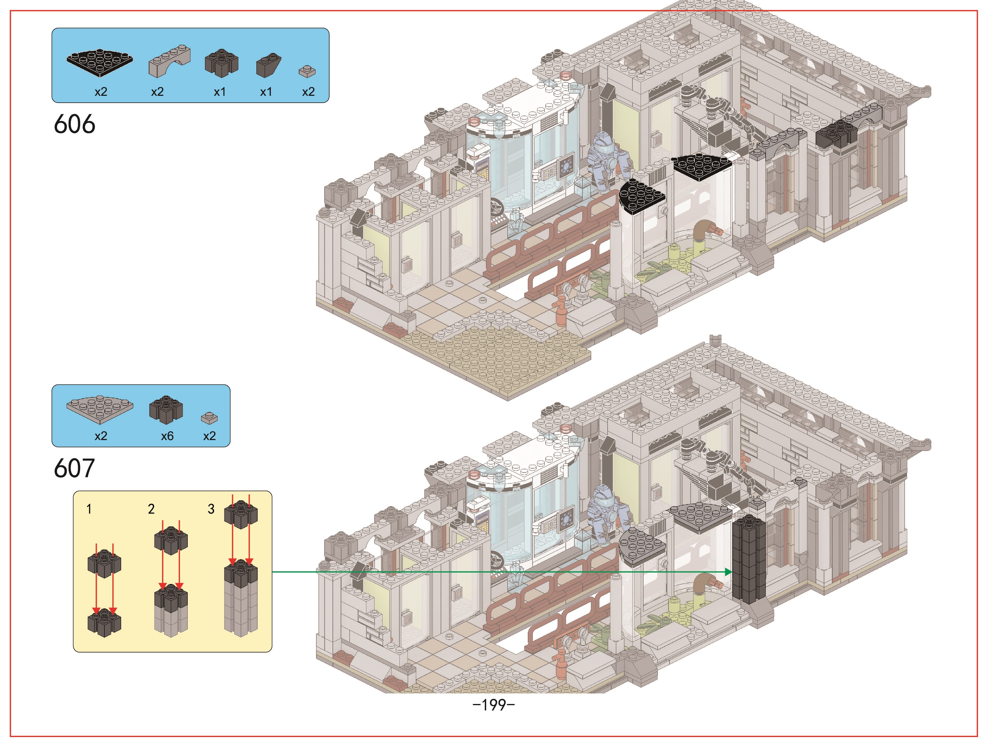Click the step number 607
(x=74, y=468)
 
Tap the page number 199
(x=494, y=705)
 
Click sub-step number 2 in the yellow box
(x=151, y=509)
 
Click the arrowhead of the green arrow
(x=728, y=572)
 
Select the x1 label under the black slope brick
(x=266, y=92)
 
